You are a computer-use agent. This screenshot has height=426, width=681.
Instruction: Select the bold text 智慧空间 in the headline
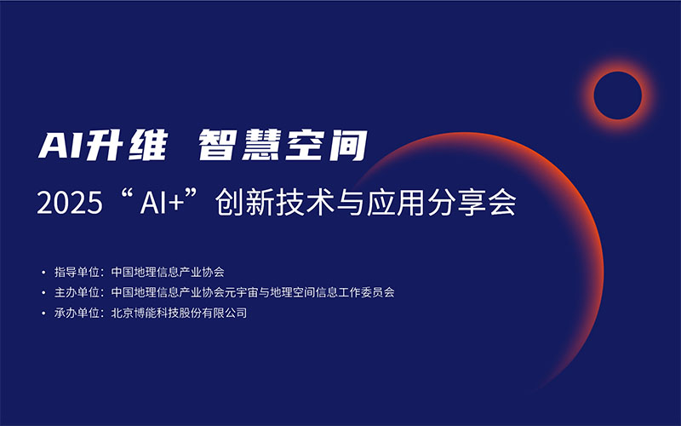tap(282, 146)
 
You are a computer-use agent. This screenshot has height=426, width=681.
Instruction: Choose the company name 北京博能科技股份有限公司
tap(179, 314)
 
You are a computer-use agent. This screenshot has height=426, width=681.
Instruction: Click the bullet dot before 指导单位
tap(43, 273)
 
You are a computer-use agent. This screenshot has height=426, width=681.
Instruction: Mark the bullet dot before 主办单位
tap(43, 293)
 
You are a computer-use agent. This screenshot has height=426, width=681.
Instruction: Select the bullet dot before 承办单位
tap(43, 314)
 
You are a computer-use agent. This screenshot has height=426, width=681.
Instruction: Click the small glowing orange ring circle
tap(617, 95)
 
